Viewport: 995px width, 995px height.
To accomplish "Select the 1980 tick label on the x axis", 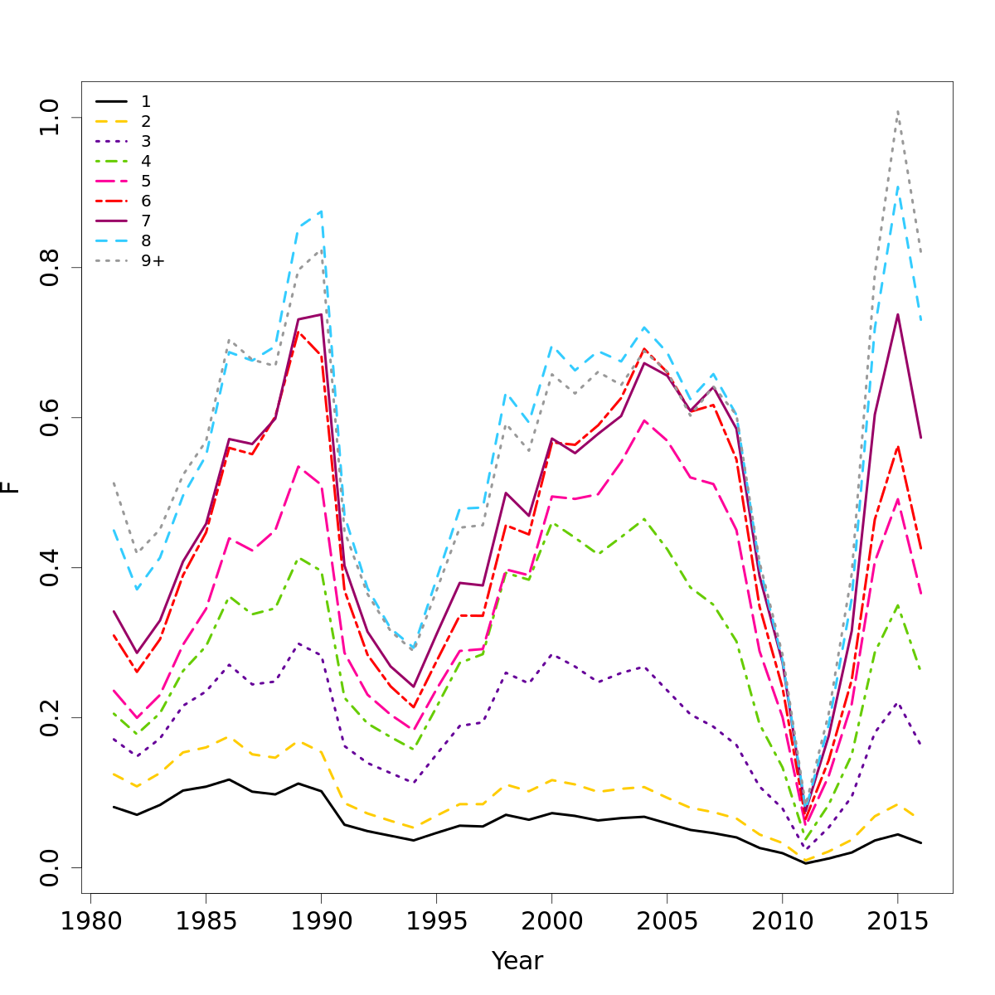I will coord(90,920).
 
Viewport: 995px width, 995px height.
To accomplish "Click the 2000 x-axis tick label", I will coord(551,920).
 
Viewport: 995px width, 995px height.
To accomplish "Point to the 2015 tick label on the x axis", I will coord(897,920).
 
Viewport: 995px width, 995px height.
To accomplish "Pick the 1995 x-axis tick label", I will coord(436,920).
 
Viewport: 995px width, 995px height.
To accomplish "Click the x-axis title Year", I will coord(517,961).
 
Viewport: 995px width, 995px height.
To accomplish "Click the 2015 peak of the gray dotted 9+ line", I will coord(897,111).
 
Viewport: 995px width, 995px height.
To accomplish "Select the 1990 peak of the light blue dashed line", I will coord(321,211).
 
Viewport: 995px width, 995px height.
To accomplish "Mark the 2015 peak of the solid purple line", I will coord(897,314).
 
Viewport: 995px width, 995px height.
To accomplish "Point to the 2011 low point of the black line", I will coord(805,863).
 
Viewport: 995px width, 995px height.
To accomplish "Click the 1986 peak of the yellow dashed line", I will coord(229,736).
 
